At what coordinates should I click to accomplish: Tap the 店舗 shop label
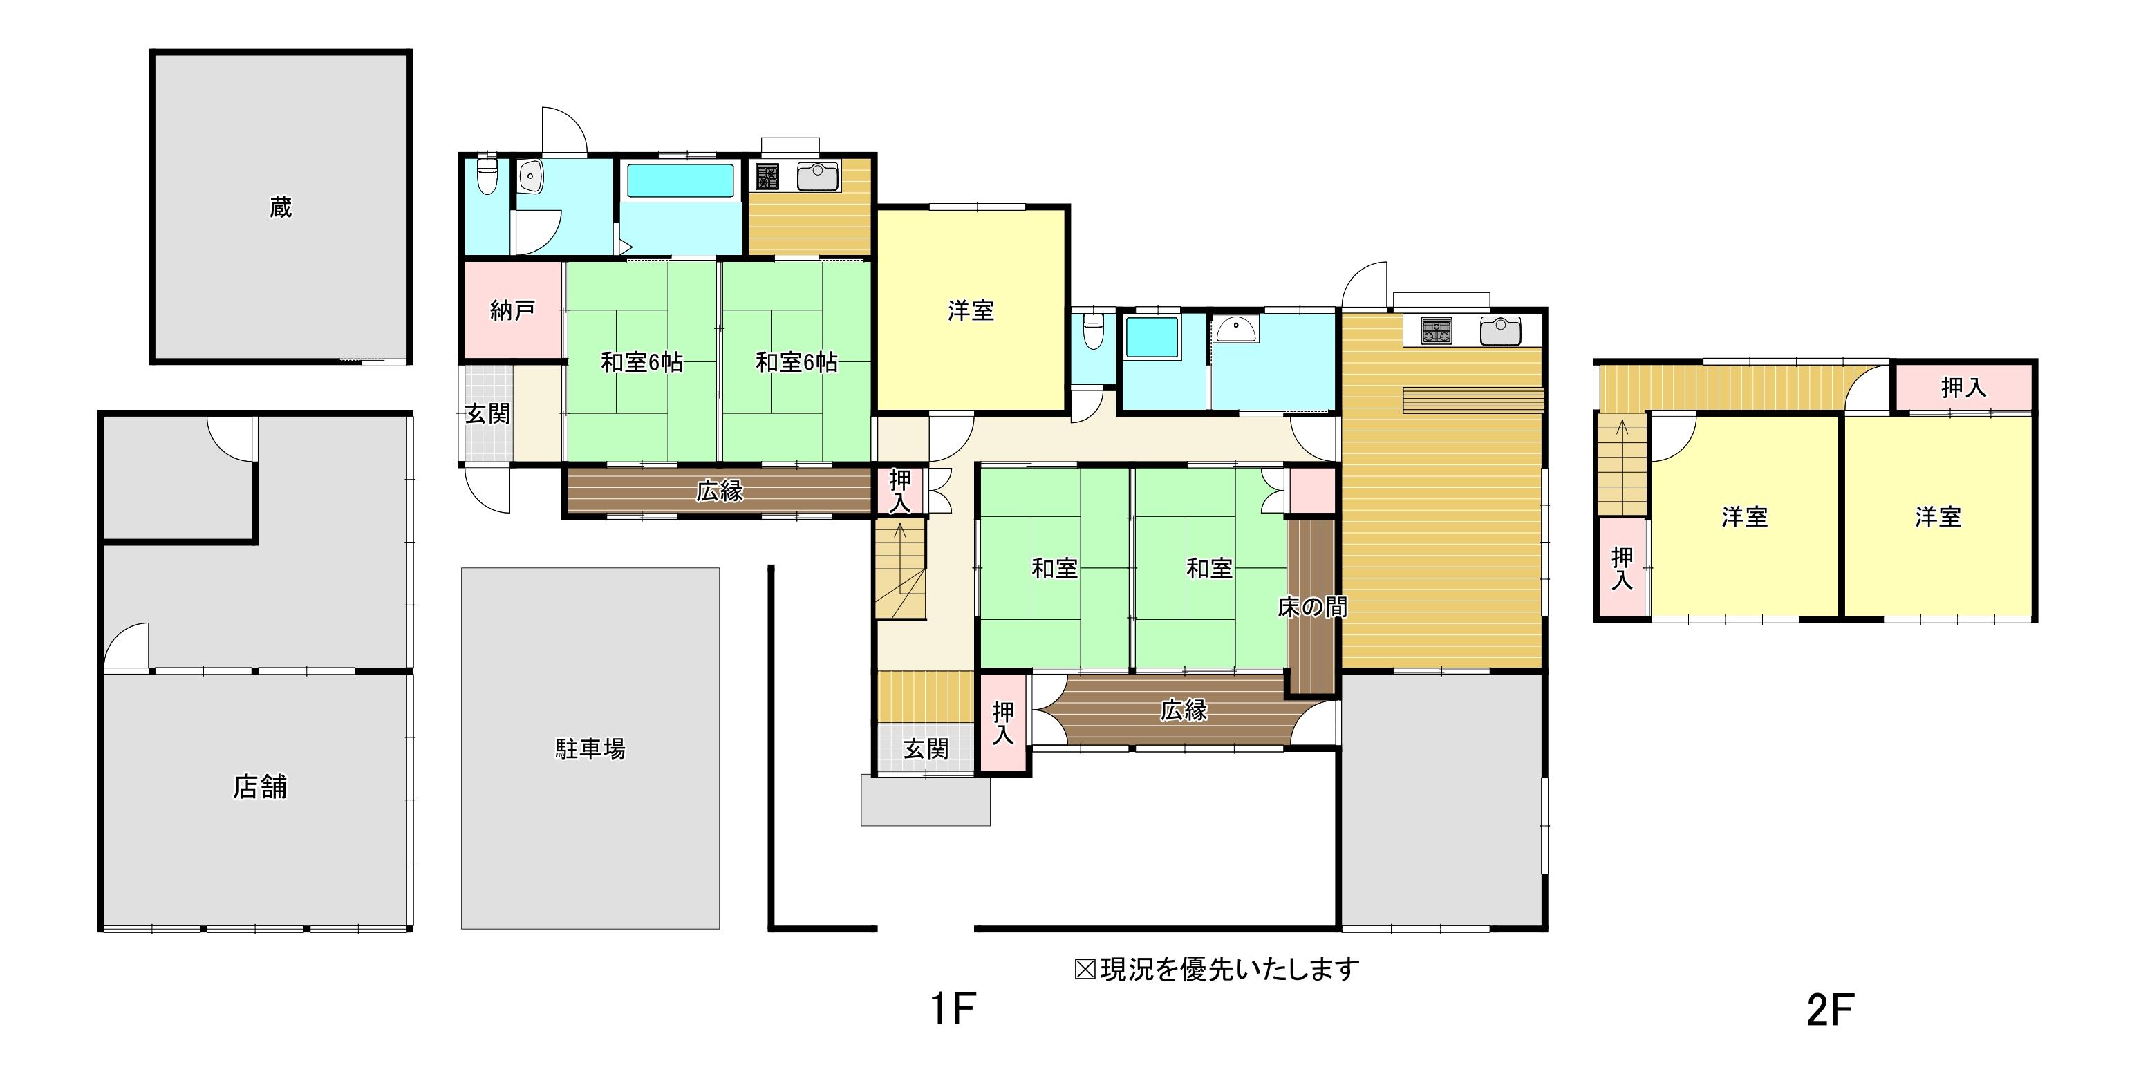pyautogui.click(x=260, y=787)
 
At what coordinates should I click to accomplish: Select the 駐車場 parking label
pyautogui.click(x=590, y=748)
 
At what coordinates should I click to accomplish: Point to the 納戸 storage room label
pyautogui.click(x=512, y=310)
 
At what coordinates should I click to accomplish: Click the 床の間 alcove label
pyautogui.click(x=1312, y=607)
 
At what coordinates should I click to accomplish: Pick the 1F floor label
pyautogui.click(x=953, y=1008)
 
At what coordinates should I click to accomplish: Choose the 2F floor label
pyautogui.click(x=1830, y=1010)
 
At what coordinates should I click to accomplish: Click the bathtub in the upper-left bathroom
pyautogui.click(x=680, y=180)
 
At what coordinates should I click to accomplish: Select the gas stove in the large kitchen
pyautogui.click(x=1437, y=331)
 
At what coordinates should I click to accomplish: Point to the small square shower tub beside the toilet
pyautogui.click(x=1151, y=337)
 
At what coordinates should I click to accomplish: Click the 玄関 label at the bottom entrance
pyautogui.click(x=925, y=748)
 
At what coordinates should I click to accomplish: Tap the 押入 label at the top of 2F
pyautogui.click(x=1963, y=387)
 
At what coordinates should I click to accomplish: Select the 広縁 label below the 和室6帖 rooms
pyautogui.click(x=719, y=491)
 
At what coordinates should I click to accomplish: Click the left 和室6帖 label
pyautogui.click(x=642, y=362)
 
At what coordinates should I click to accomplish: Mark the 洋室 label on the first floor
pyautogui.click(x=971, y=311)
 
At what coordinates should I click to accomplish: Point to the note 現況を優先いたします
pyautogui.click(x=1229, y=969)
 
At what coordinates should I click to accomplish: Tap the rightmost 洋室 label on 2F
pyautogui.click(x=1938, y=517)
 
